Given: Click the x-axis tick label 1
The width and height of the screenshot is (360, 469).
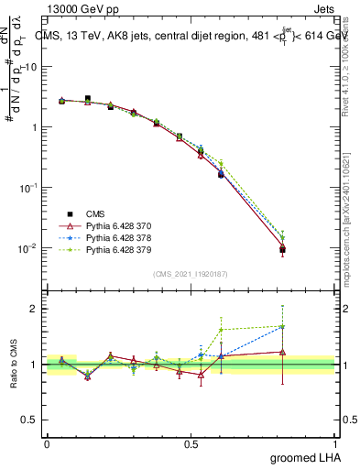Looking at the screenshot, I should (335, 443).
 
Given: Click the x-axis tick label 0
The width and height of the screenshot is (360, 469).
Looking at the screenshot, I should (47, 443).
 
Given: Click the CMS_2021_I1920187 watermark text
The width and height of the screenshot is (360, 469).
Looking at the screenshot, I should (191, 273).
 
